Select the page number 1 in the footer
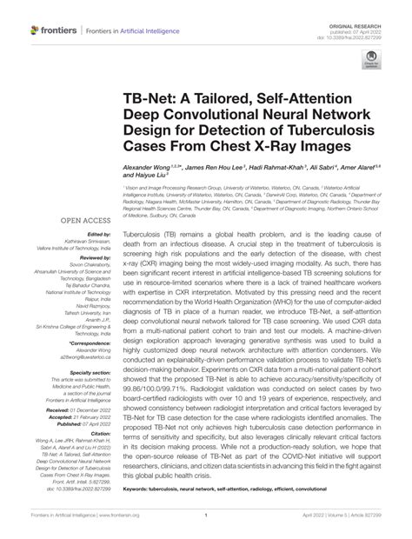coord(205,527)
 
